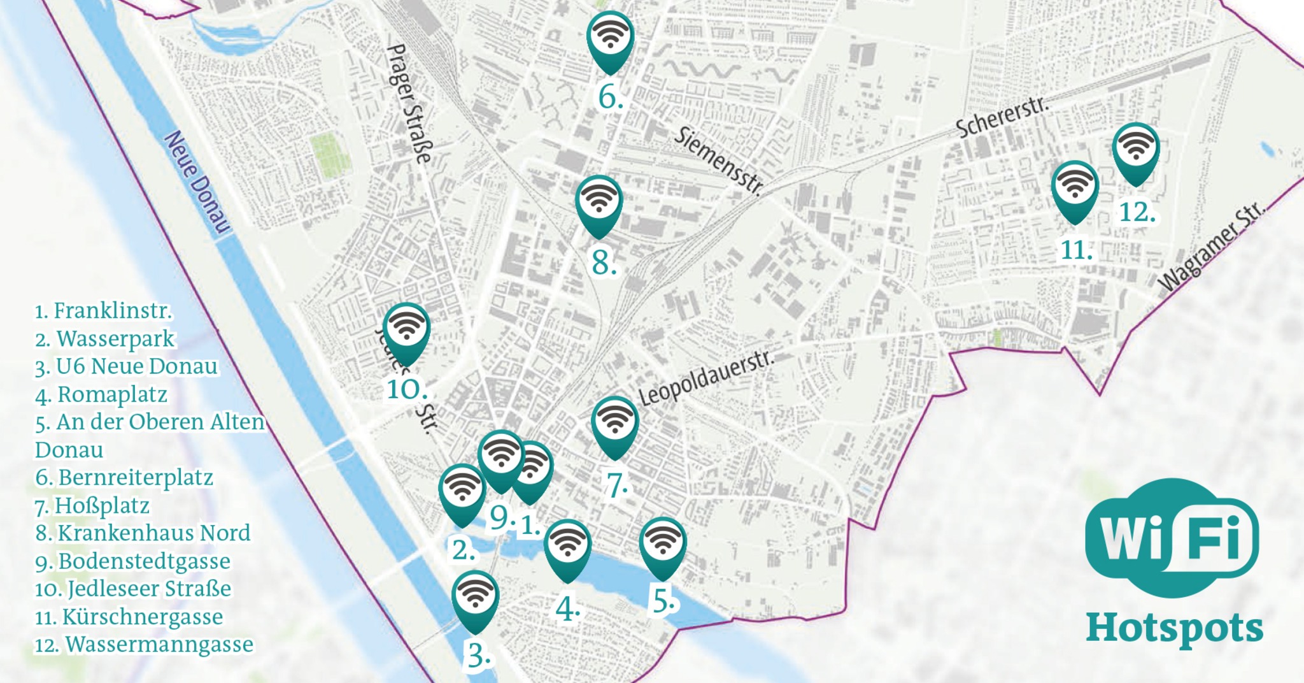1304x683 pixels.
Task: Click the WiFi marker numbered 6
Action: point(610,38)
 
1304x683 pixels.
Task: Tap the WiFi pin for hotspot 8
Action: point(599,203)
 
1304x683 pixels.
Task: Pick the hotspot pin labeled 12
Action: point(1136,150)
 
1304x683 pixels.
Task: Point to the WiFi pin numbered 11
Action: point(1075,188)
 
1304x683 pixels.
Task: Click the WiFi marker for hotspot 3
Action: point(475,598)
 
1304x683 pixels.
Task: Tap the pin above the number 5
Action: point(662,545)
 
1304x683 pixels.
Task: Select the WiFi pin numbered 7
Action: point(614,424)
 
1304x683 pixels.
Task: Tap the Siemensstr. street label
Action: point(718,160)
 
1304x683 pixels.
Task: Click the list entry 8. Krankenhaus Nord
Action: point(143,533)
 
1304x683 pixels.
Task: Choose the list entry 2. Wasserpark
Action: point(105,339)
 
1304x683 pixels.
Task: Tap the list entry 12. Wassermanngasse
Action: point(145,645)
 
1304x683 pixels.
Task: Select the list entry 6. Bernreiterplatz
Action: point(124,478)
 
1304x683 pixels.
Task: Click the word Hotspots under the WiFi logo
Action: point(1174,628)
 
